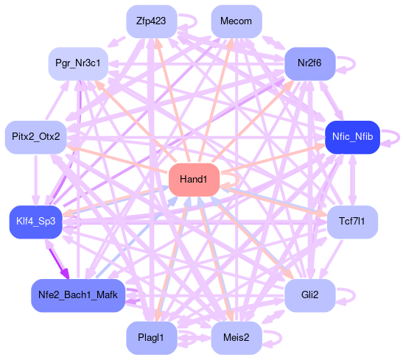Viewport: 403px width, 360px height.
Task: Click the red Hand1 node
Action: [x=194, y=180]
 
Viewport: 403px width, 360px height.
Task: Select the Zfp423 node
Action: [x=152, y=21]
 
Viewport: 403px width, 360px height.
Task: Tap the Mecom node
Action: [x=236, y=21]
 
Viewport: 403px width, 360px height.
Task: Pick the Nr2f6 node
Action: [x=310, y=63]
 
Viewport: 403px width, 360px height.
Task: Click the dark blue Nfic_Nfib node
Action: [x=352, y=137]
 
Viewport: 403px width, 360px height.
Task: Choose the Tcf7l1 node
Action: [x=352, y=222]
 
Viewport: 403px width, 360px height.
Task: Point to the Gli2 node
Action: [x=310, y=295]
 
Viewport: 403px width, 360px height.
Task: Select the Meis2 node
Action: [x=236, y=338]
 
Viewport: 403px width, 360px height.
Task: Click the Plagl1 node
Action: [x=152, y=338]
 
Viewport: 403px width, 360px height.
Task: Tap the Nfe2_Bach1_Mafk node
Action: [x=78, y=295]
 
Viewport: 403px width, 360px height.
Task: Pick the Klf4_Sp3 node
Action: [x=35, y=222]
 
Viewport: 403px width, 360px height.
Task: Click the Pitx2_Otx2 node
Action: [x=35, y=137]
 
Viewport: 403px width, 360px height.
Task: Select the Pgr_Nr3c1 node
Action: [x=78, y=63]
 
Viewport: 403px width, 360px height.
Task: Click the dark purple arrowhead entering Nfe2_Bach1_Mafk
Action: [x=65, y=274]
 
